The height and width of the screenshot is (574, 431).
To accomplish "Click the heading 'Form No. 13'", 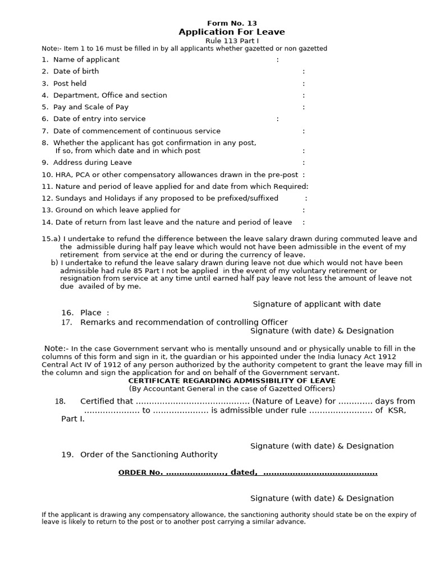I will (232, 23).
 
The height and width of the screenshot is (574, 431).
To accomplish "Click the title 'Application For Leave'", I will (231, 32).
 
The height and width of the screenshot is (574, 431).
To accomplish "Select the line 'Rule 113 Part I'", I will (231, 41).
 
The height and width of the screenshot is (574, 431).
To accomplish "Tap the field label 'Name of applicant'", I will (86, 59).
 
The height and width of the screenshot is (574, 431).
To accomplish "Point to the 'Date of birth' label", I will (76, 71).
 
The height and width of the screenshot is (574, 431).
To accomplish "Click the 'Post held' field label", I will (70, 84).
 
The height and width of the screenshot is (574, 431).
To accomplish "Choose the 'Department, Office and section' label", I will (110, 95).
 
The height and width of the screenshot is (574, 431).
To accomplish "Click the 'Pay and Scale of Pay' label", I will (90, 107).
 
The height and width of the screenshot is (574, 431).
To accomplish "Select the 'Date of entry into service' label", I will (99, 119).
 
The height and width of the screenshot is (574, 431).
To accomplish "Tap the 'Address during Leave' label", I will (92, 163).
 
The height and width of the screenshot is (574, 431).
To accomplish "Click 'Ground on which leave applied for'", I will (117, 210).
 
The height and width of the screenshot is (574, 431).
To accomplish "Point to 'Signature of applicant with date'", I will (317, 304).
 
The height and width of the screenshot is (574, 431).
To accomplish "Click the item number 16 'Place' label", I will (91, 313).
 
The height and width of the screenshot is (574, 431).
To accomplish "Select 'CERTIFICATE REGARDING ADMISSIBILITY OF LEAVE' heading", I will (232, 381).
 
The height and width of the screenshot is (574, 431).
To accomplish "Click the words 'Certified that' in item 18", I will (107, 401).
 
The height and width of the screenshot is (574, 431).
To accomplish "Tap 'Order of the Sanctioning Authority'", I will (149, 455).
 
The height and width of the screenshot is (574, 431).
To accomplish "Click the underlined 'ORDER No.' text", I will (140, 473).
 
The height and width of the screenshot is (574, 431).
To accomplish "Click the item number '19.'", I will (67, 455).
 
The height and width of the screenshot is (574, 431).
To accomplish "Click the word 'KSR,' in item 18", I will (397, 410).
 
